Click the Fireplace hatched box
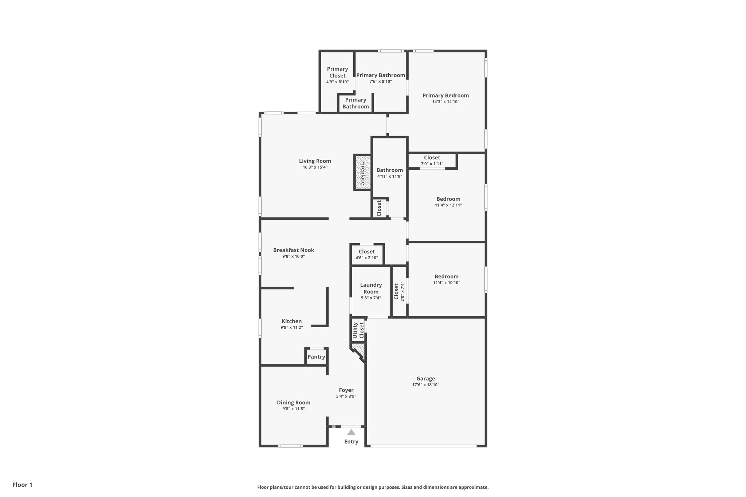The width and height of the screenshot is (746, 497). click(363, 172)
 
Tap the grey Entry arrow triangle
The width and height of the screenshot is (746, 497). click(351, 432)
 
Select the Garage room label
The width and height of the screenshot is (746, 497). click(425, 379)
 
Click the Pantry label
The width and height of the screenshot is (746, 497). click(316, 357)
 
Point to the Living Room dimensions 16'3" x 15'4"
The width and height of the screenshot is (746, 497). click(315, 167)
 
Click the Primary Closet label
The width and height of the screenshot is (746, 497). click(337, 72)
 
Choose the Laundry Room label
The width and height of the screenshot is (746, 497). click(371, 288)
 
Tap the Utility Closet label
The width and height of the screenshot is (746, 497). click(358, 330)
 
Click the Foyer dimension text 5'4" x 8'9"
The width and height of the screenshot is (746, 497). click(346, 397)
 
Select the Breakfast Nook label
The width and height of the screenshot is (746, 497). click(294, 250)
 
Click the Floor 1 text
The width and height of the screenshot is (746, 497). click(23, 485)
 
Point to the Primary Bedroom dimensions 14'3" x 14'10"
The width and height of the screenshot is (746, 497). click(445, 102)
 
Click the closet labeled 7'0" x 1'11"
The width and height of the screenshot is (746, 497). click(432, 161)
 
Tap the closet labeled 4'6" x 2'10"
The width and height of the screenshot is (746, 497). click(367, 255)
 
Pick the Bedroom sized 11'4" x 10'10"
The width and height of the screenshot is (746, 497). click(447, 279)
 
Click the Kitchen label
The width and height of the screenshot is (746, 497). click(291, 321)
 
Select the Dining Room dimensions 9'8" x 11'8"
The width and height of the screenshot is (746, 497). click(294, 409)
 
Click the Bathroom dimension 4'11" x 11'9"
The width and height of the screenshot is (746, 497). click(389, 177)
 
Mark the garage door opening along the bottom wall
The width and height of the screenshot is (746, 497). click(423, 446)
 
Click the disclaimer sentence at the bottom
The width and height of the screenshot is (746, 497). click(373, 487)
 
